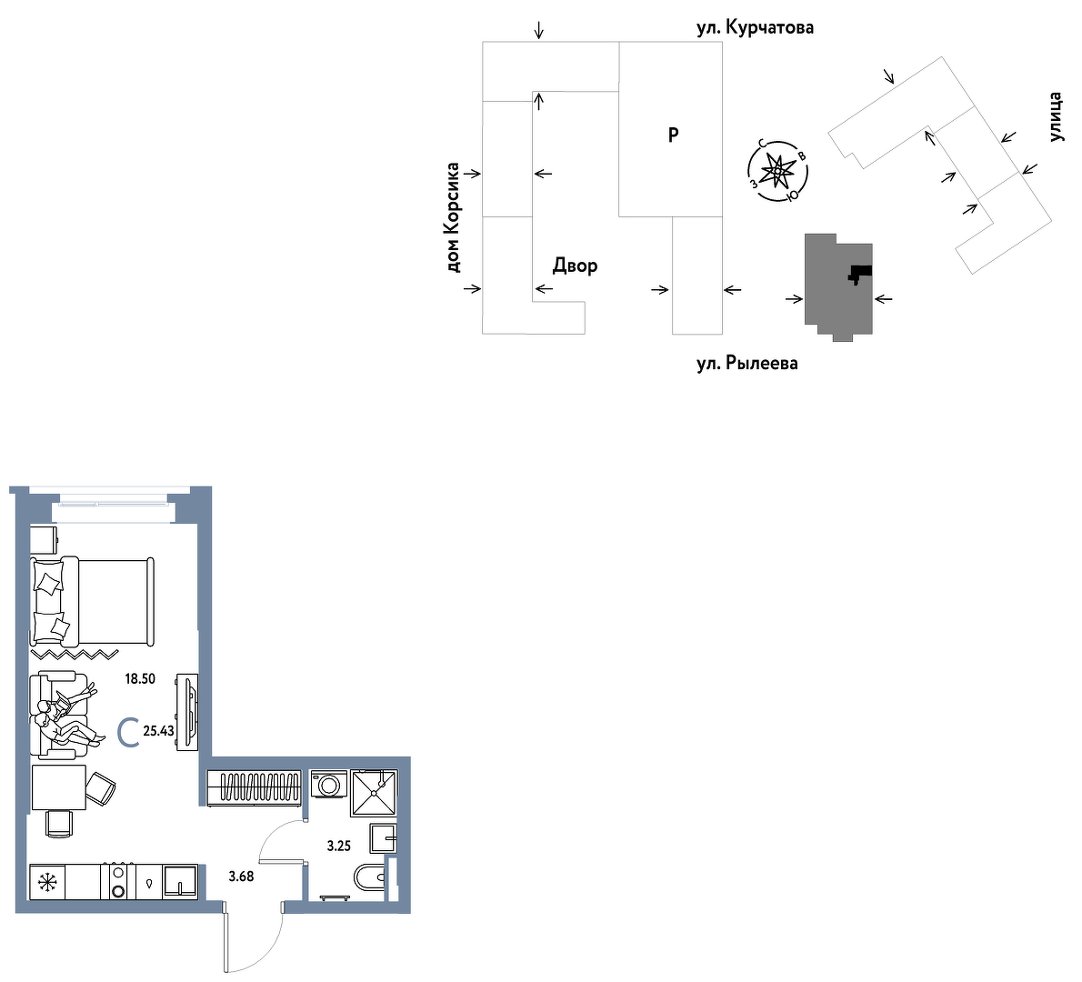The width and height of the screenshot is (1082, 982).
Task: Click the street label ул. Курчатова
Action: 755,27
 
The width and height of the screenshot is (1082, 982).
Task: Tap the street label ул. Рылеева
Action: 747,363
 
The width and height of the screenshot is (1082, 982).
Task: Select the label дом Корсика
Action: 453,217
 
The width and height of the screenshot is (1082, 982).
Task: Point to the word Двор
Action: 575,266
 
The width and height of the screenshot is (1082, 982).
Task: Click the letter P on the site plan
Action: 674,135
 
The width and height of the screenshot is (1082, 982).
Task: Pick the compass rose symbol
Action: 777,170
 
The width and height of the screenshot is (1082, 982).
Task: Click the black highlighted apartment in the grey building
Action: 860,274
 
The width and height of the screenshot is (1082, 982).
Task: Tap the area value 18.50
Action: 140,679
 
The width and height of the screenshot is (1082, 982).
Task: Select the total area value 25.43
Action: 159,731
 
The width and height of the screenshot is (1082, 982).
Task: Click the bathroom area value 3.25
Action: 339,846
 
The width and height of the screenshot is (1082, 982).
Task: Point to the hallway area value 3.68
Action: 242,877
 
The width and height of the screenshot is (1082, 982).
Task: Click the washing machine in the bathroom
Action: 329,785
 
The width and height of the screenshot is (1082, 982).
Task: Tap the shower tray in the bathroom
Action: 374,793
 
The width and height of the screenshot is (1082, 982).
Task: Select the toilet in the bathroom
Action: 370,878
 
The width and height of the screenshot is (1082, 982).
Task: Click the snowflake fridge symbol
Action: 47,882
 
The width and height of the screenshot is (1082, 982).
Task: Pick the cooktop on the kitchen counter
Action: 118,882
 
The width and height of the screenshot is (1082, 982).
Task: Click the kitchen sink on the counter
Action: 180,882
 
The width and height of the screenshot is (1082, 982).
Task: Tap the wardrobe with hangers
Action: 254,787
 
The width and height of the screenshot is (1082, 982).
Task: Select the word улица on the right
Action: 1055,116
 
